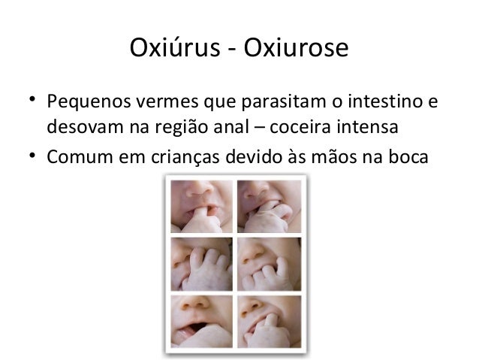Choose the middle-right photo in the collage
[267, 263]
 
